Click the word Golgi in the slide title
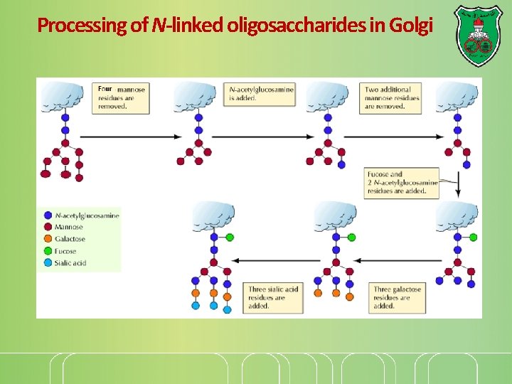[x=412, y=26]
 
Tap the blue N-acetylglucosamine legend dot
[x=47, y=215]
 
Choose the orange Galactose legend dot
[x=47, y=239]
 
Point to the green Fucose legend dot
[x=47, y=251]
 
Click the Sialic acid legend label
[x=70, y=263]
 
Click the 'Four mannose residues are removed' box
[x=120, y=98]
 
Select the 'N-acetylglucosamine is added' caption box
[x=260, y=94]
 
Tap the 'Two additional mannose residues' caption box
[x=392, y=98]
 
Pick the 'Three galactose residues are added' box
[x=397, y=298]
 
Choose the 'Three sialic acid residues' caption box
[x=274, y=298]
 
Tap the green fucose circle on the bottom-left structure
[x=230, y=237]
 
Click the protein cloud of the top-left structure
[x=63, y=95]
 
